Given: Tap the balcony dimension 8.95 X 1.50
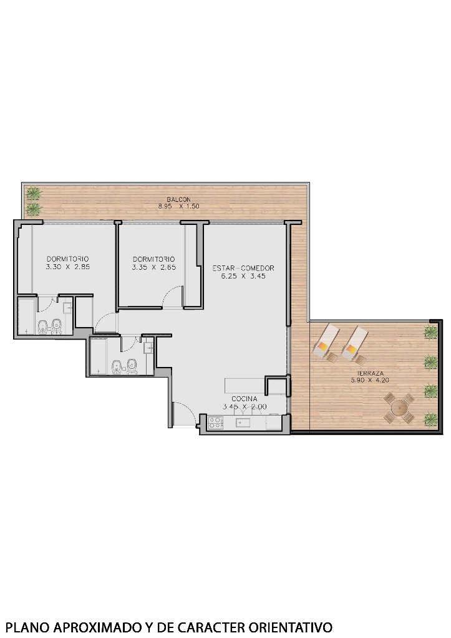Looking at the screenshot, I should (178, 206).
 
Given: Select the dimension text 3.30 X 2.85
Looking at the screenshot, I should (67, 267).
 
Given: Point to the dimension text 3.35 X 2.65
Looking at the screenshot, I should (153, 267).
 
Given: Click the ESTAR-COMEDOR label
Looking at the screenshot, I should (243, 269).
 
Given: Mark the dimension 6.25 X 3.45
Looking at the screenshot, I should (243, 275).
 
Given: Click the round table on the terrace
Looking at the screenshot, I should (399, 409).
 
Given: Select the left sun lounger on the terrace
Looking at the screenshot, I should (326, 344).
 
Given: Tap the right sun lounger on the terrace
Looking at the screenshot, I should (353, 345).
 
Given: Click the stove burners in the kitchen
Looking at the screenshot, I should (215, 423).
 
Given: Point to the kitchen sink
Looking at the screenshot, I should (243, 423).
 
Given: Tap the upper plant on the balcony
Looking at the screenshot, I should (34, 193).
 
